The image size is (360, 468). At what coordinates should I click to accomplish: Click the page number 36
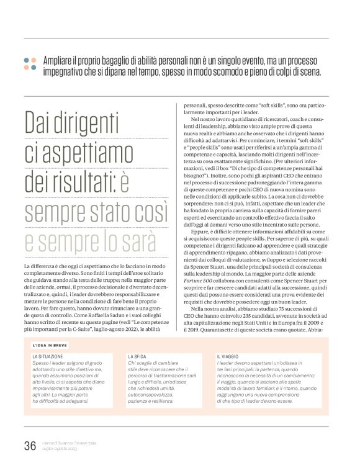coord(29,446)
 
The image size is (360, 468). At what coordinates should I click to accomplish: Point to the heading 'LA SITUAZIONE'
coord(50,356)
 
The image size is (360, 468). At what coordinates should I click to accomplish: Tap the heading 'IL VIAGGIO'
coord(229,356)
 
